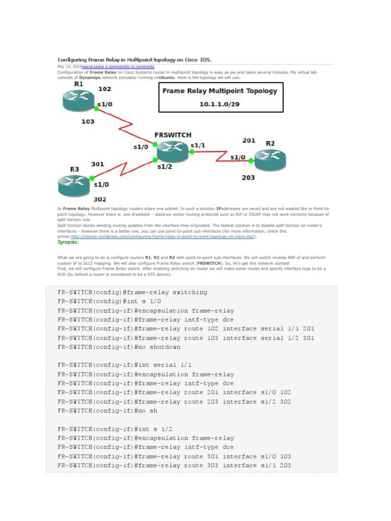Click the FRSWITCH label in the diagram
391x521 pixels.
pyautogui.click(x=173, y=135)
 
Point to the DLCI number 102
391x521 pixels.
pyautogui.click(x=105, y=89)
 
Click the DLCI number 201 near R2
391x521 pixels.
pyautogui.click(x=248, y=140)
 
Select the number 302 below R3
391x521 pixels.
pyautogui.click(x=100, y=199)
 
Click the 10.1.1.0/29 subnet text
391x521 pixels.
pyautogui.click(x=220, y=103)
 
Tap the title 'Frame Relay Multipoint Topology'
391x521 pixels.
pyautogui.click(x=220, y=91)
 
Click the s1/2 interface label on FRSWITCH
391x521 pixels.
pyautogui.click(x=165, y=166)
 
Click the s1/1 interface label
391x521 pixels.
pyautogui.click(x=198, y=145)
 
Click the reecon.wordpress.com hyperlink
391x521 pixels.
pyautogui.click(x=163, y=236)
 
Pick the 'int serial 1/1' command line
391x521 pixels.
pyautogui.click(x=125, y=365)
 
